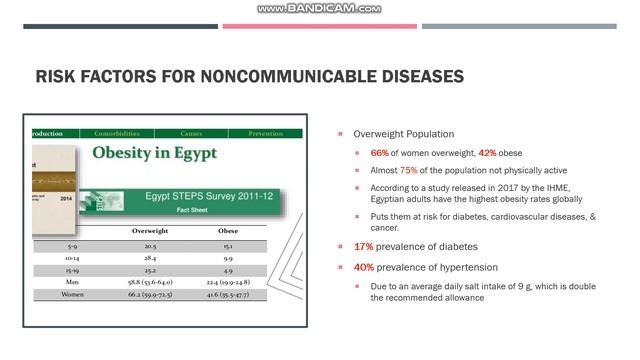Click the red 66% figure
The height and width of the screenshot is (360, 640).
(380, 153)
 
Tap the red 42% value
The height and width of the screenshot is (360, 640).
(487, 153)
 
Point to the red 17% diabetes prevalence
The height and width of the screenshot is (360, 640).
(363, 247)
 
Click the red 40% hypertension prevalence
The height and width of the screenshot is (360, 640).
(364, 267)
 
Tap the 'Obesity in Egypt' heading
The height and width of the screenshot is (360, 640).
(154, 154)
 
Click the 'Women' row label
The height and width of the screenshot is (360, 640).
(72, 295)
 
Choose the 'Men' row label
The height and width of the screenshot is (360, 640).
(72, 282)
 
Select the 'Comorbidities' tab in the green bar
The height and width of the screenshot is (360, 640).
(117, 133)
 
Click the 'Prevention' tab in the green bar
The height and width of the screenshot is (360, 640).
(265, 133)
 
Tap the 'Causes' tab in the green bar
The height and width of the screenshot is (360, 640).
(192, 133)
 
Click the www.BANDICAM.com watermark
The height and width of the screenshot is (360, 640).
(319, 8)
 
